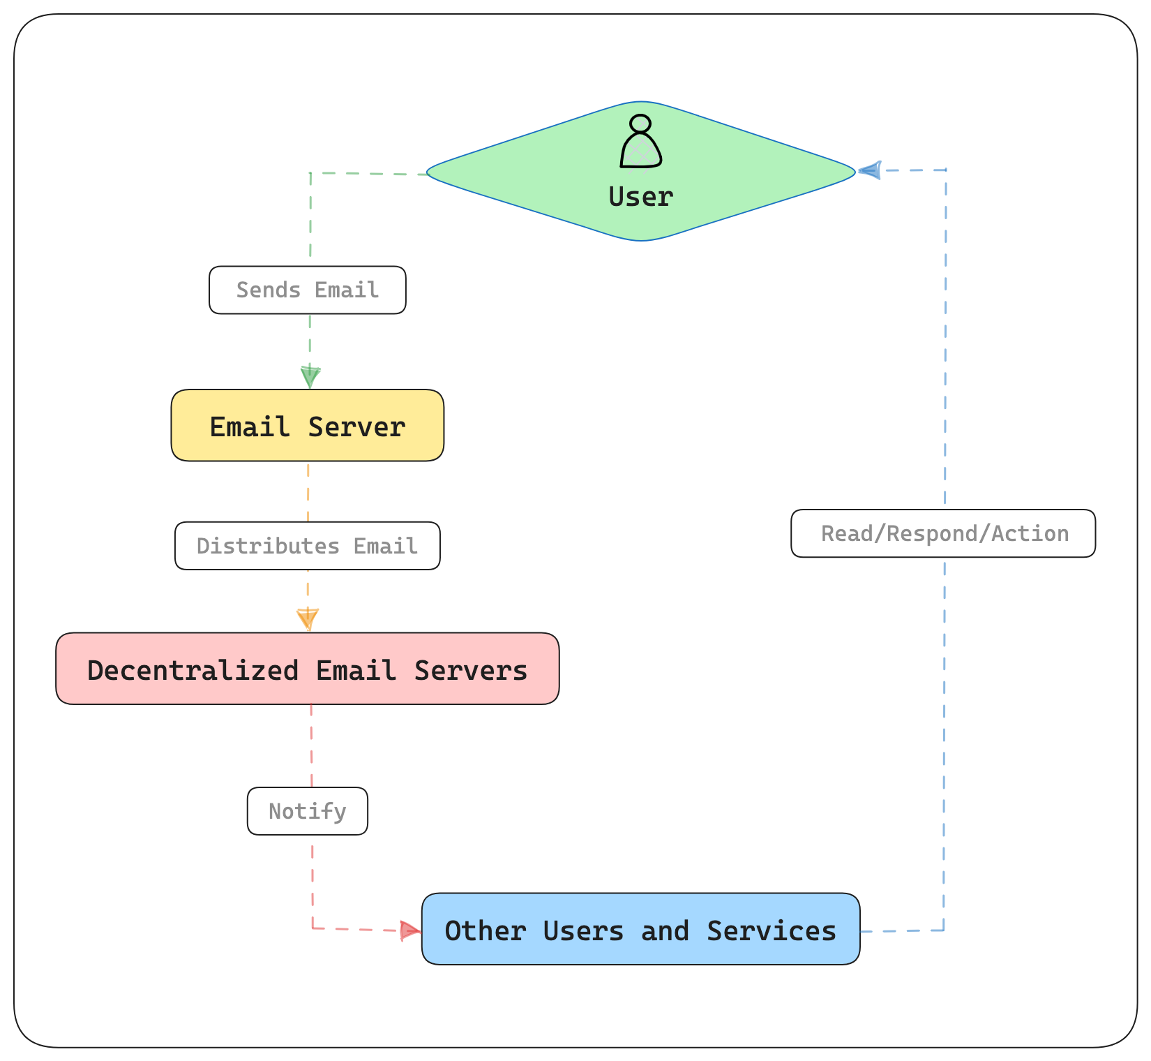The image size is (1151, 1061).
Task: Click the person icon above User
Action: [x=640, y=142]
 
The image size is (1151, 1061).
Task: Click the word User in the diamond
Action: [x=640, y=197]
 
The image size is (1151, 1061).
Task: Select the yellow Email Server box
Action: [x=307, y=425]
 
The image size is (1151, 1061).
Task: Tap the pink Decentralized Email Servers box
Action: [x=307, y=669]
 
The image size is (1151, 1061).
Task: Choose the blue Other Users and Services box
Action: [x=640, y=929]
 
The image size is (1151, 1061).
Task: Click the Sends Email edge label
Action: [x=307, y=290]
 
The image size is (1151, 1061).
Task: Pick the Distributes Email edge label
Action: [x=307, y=546]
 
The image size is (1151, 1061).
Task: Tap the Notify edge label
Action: [x=307, y=811]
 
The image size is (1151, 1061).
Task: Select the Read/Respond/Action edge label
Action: [x=943, y=533]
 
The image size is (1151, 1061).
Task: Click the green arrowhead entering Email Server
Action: [x=310, y=378]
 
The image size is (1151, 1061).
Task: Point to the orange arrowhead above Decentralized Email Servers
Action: [x=308, y=619]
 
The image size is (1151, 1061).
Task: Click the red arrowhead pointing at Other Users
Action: [x=410, y=930]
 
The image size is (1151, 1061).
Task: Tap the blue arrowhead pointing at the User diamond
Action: [x=869, y=170]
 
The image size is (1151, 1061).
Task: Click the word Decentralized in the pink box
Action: [x=193, y=670]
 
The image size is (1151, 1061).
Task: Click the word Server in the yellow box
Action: [x=356, y=426]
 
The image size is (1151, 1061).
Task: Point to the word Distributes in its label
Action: [x=268, y=546]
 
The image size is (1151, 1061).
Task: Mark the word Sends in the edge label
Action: [x=269, y=290]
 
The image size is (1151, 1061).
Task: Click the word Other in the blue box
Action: [x=486, y=931]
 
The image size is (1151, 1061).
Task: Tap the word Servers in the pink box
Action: [x=471, y=670]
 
